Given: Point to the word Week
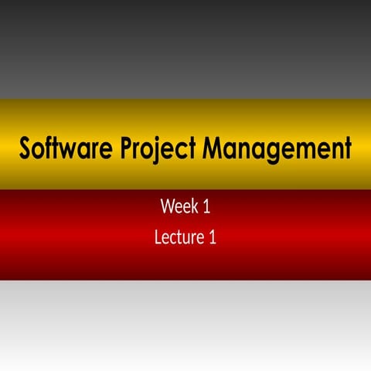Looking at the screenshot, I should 175,207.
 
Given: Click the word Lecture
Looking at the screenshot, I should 179,237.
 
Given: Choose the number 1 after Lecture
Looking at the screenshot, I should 212,237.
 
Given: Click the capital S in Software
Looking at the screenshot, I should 26,147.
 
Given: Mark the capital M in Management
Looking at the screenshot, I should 214,147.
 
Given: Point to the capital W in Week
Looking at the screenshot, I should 167,207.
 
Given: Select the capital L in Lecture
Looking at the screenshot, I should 158,237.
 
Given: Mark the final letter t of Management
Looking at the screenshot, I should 346,148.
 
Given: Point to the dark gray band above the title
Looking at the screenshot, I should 185,46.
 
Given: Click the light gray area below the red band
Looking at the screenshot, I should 185,325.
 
